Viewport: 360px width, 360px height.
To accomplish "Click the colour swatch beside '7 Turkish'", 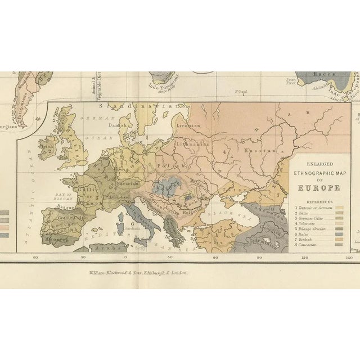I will [339, 240].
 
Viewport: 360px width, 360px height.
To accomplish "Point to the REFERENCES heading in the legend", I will [319, 200].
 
